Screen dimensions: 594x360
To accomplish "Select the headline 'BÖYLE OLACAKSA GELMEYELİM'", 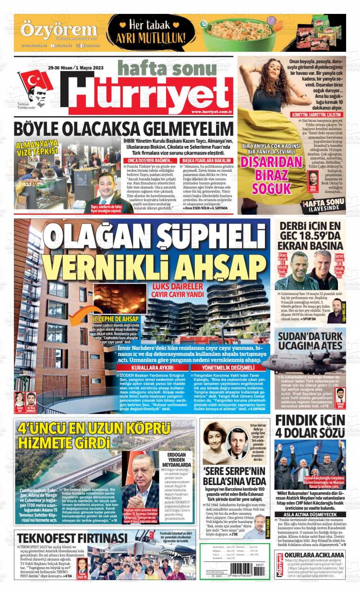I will (123, 130).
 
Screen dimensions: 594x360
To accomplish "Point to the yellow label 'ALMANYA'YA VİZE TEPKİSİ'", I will (37, 147).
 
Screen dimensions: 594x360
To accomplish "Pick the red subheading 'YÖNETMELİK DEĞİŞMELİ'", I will (224, 368).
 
